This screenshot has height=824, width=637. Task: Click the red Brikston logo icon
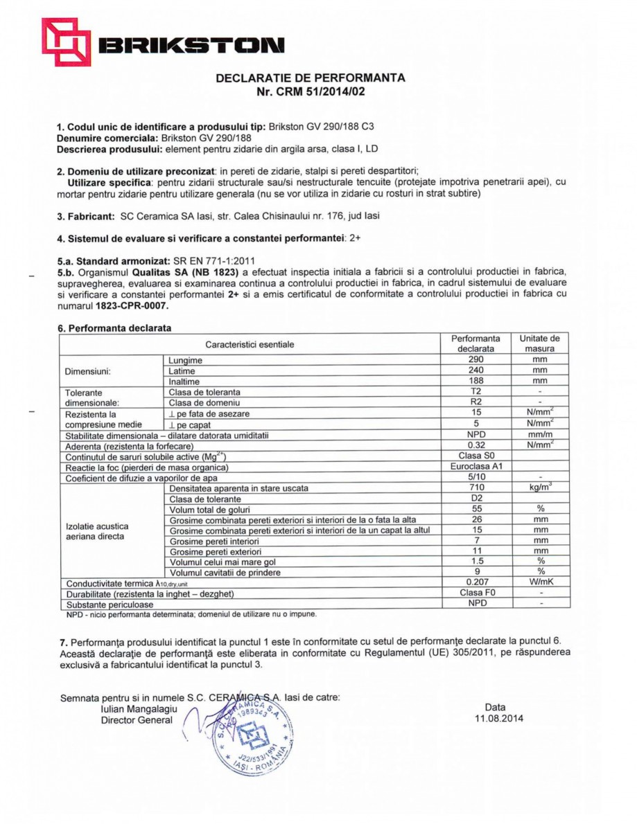pyautogui.click(x=65, y=42)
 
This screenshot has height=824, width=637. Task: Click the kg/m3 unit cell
pyautogui.click(x=539, y=488)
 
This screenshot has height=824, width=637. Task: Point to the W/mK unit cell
pyautogui.click(x=539, y=582)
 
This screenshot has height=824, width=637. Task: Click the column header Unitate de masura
pyautogui.click(x=539, y=343)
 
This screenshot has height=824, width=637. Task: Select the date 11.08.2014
pyautogui.click(x=495, y=719)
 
